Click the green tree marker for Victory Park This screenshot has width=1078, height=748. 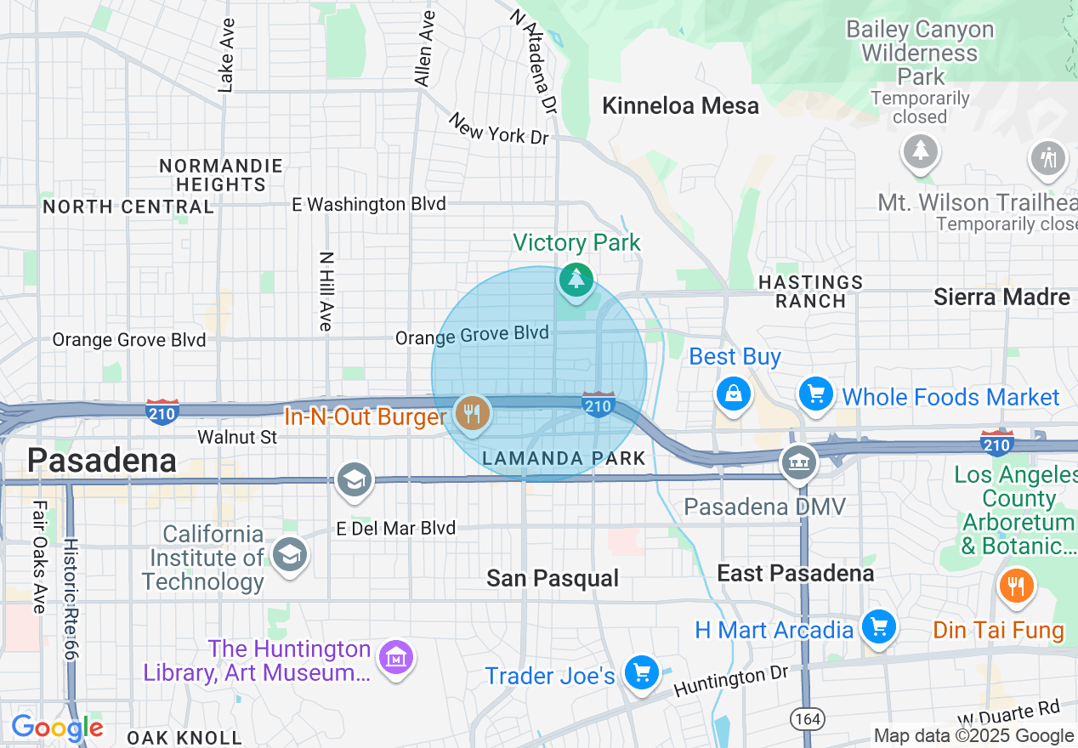coord(576,279)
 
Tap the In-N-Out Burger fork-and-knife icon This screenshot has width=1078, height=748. coord(471,414)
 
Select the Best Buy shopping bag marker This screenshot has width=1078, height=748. coord(732,394)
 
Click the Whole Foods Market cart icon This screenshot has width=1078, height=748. coord(816,394)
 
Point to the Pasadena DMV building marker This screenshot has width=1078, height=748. coord(799,462)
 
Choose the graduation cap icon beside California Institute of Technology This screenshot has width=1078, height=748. coord(290,555)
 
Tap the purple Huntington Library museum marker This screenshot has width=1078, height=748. coord(396,657)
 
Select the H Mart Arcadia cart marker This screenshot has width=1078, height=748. coord(878,627)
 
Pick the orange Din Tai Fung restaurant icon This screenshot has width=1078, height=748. coord(1015,585)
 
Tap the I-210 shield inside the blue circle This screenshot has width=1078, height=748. coord(599,405)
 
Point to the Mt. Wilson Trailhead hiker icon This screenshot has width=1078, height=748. coord(1047,157)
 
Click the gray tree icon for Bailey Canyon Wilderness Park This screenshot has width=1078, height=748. coord(920,151)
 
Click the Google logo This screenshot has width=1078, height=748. coord(57,728)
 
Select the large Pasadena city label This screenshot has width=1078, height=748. coord(101,460)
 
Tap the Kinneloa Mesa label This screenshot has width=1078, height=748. coord(680,106)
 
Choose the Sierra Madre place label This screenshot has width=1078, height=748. coord(1001,297)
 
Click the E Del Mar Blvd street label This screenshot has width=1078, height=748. coord(396,528)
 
